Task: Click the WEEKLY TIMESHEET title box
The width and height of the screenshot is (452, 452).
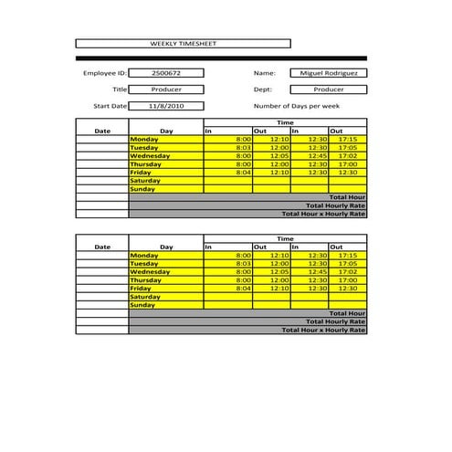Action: (x=183, y=43)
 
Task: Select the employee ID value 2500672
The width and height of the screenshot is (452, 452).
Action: (x=165, y=73)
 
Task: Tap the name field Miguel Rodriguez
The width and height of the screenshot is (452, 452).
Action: (x=329, y=73)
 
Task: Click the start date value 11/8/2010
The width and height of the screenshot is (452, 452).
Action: (x=165, y=106)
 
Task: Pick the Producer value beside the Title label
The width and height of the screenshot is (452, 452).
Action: (x=165, y=89)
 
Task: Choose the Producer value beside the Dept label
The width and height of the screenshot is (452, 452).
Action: (x=329, y=89)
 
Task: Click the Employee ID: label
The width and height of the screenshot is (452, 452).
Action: (x=105, y=73)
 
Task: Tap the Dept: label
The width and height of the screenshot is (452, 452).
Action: (x=263, y=89)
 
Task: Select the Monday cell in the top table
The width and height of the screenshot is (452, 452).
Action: (x=165, y=139)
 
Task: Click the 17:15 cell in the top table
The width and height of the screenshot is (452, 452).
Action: (x=347, y=139)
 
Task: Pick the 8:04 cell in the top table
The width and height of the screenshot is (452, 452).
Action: (x=228, y=172)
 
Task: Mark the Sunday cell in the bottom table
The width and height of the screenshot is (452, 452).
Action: (x=165, y=305)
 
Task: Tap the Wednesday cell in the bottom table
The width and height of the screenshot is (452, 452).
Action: (x=165, y=272)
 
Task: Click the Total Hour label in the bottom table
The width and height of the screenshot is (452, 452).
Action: (x=347, y=313)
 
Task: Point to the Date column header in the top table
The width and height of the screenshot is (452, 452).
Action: (x=102, y=131)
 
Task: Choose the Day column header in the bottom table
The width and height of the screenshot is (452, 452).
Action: (x=166, y=247)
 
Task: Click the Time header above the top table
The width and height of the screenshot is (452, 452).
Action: (x=285, y=122)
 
